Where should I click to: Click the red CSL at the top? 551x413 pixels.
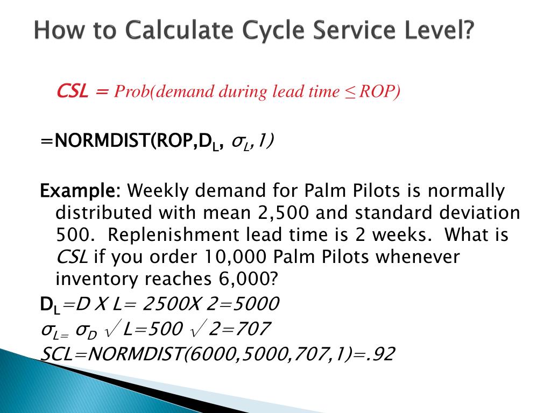point(73,92)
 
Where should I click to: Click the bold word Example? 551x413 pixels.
point(81,191)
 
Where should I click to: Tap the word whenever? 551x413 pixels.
point(418,257)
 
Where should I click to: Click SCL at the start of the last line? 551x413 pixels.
point(58,354)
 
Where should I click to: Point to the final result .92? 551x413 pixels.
point(383,354)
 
